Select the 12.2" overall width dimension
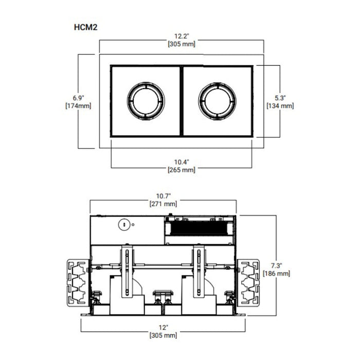[181, 37]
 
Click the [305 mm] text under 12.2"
[181, 45]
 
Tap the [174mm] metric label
[78, 106]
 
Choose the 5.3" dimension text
[280, 97]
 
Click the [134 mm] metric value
[280, 106]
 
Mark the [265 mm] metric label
[181, 170]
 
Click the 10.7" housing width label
[163, 195]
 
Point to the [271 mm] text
[163, 204]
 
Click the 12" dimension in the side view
[163, 327]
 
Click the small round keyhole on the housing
[123, 224]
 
